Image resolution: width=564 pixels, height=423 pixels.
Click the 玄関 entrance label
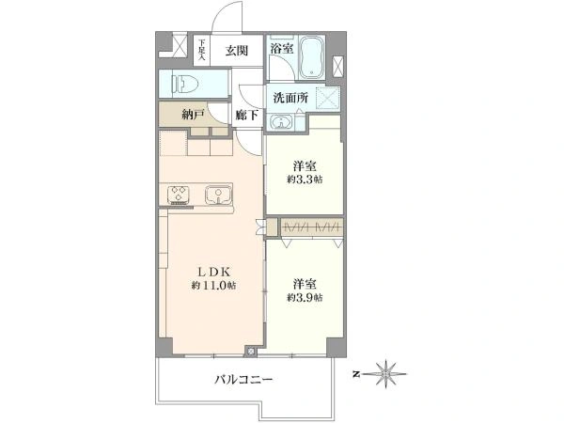(x=237, y=51)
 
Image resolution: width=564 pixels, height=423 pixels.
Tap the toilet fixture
(x=185, y=84)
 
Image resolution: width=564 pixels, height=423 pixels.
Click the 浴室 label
(x=282, y=48)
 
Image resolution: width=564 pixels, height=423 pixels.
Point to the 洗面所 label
(x=290, y=98)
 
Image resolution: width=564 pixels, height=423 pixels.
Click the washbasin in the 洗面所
(x=281, y=122)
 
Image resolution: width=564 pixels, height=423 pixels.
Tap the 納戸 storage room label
(x=194, y=115)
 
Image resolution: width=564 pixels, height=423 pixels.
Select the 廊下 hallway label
(x=246, y=115)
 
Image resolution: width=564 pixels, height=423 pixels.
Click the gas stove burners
(x=179, y=195)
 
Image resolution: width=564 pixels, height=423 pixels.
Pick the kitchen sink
(x=218, y=195)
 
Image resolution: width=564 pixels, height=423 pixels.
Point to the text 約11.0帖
(x=214, y=286)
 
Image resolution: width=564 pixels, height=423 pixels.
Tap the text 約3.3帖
(x=305, y=179)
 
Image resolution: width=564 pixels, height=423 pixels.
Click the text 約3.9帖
(x=305, y=297)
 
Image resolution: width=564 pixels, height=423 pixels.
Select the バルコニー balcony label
(x=243, y=379)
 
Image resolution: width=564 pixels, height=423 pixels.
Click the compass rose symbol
(x=385, y=374)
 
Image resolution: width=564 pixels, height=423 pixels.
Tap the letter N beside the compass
(x=356, y=374)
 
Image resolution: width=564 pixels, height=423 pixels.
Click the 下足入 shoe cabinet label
(x=201, y=50)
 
